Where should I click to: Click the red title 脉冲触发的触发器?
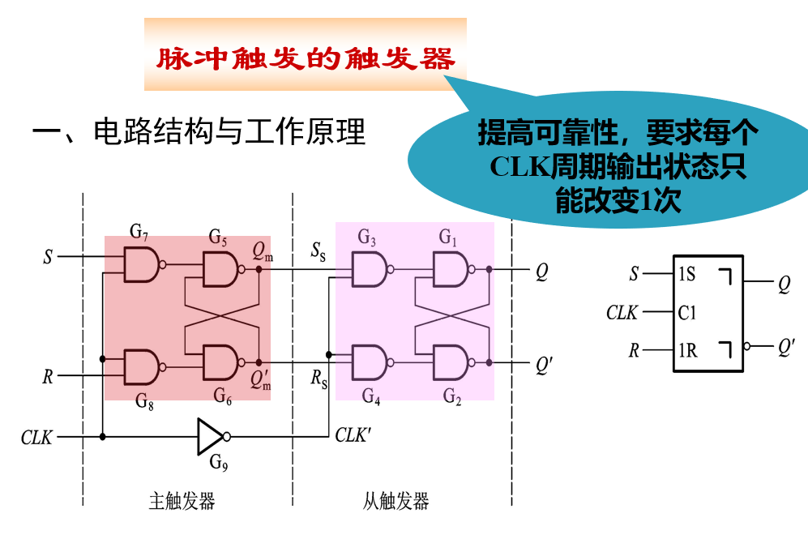point(305,59)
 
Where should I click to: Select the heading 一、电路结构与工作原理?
point(198,131)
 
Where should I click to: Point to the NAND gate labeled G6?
point(220,362)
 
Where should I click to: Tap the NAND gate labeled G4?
point(368,362)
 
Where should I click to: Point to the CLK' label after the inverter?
point(353,435)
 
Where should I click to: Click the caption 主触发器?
point(182,501)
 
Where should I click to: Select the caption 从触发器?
point(396,501)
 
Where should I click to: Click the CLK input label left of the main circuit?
point(36,438)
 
